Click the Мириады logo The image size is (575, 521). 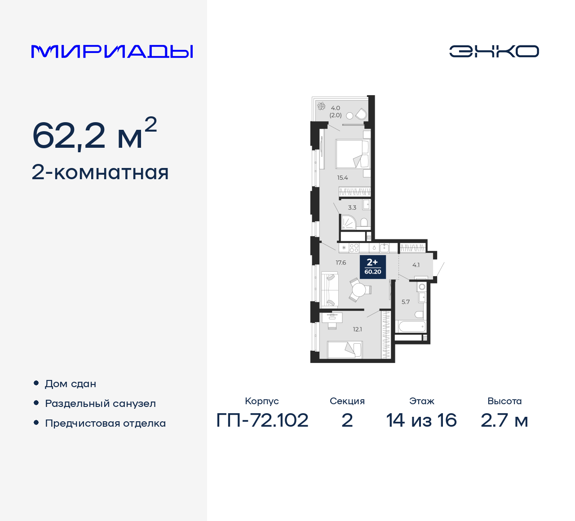[112, 52]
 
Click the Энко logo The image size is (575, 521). [494, 51]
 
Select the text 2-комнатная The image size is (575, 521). [100, 172]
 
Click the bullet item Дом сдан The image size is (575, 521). [71, 384]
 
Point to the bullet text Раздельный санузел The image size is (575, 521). [100, 404]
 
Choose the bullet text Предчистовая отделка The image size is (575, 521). [105, 424]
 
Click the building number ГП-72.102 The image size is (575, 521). [262, 420]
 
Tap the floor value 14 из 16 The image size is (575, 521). [421, 420]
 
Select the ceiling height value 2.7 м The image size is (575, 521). [504, 420]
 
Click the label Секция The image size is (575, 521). [347, 401]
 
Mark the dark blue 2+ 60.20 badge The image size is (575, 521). [373, 266]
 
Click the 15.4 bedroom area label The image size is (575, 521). [343, 178]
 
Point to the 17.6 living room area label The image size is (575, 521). [341, 263]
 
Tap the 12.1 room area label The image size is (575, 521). [358, 329]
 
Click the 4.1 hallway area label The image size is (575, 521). [416, 265]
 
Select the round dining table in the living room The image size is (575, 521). [359, 290]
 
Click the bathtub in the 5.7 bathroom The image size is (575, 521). [411, 327]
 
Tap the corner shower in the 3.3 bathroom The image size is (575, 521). [348, 222]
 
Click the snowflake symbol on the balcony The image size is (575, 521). [321, 106]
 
